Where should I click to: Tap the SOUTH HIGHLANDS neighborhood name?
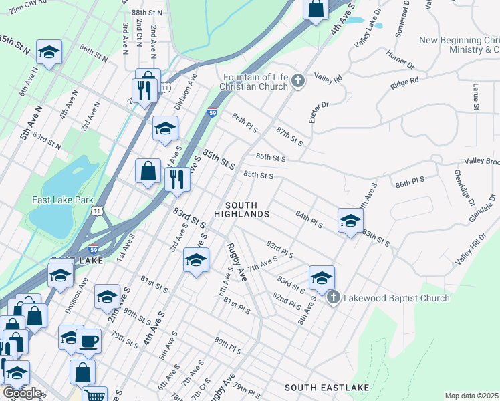click(x=241, y=209)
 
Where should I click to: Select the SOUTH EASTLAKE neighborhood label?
click(x=327, y=388)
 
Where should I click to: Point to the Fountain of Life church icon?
click(x=298, y=82)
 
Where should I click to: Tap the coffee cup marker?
click(x=88, y=342)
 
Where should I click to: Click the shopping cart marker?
click(x=95, y=396)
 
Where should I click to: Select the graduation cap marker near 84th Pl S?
click(x=350, y=221)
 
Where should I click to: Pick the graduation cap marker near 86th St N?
click(x=49, y=52)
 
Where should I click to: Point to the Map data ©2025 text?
click(x=471, y=396)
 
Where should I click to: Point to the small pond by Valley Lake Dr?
click(x=378, y=25)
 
